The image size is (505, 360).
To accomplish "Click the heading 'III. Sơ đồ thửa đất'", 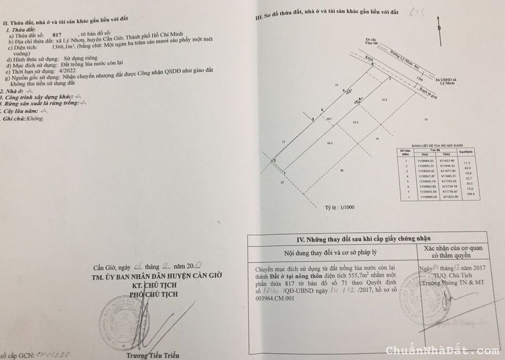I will click(x=326, y=12).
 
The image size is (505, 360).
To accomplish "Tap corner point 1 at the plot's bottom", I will click(x=284, y=172).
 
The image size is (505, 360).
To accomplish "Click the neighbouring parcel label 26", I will click(x=341, y=171).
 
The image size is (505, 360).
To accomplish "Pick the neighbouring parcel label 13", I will click(x=426, y=119).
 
